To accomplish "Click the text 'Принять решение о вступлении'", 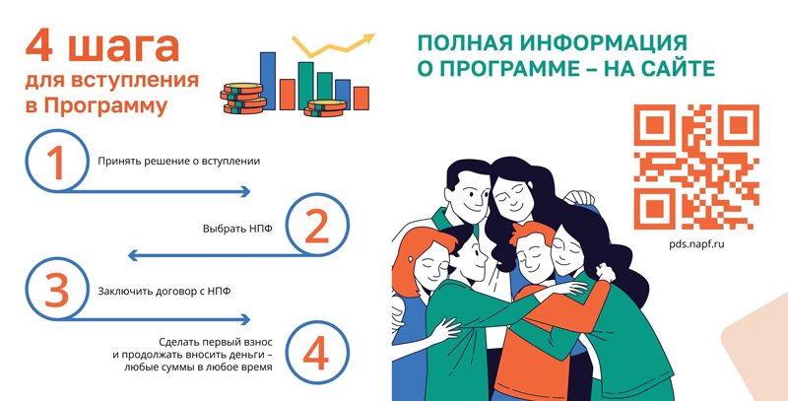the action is [179, 162].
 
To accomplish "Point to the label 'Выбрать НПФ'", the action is [237, 229].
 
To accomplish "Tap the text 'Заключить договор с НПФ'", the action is [164, 291].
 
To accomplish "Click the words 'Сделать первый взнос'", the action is [216, 343].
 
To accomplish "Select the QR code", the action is [696, 167].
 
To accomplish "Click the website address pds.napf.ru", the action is [696, 244].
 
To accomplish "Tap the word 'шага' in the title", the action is [123, 46].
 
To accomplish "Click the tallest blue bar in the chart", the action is [268, 81].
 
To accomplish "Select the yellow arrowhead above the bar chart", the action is [368, 38].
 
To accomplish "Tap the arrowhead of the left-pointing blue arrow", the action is [133, 255].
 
